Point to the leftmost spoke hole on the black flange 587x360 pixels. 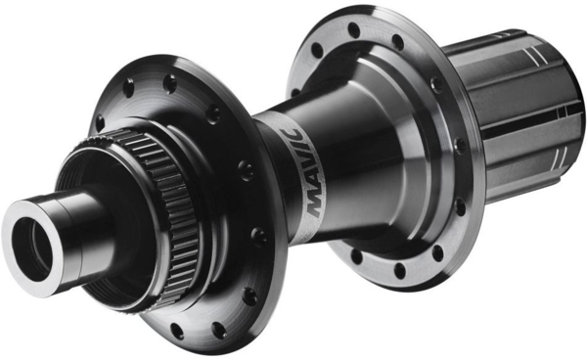[x=99, y=124]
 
